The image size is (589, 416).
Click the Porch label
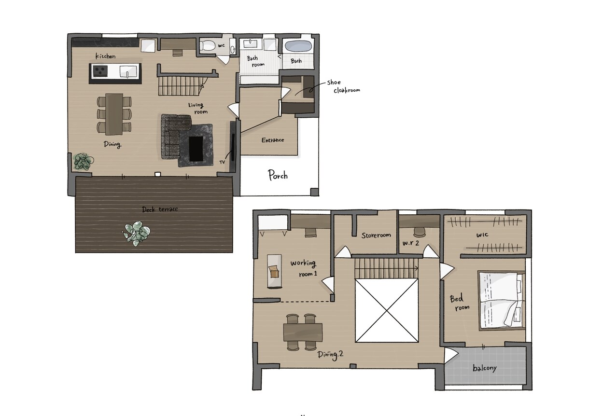click(x=278, y=175)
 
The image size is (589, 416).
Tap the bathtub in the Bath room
click(x=298, y=46)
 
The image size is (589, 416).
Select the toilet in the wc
click(x=207, y=45)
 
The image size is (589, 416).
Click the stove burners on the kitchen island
click(x=100, y=70)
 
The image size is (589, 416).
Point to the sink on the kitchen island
click(x=128, y=71)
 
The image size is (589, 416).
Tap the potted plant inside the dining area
click(x=83, y=161)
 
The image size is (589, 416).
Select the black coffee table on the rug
click(x=196, y=149)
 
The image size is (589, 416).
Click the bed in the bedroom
click(x=502, y=301)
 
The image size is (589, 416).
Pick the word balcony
click(x=484, y=368)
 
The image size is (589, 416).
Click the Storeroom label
click(x=376, y=235)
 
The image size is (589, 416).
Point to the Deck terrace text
click(x=160, y=209)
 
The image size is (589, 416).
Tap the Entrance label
click(x=273, y=140)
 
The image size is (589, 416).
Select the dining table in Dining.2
click(x=303, y=333)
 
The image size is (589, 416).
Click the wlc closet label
click(x=482, y=235)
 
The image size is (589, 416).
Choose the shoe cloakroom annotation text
click(x=343, y=86)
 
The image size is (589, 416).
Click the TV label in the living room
click(x=222, y=162)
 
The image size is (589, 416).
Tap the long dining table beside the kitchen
click(x=114, y=114)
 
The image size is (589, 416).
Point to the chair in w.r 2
click(x=419, y=232)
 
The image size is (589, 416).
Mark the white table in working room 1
click(x=274, y=271)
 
